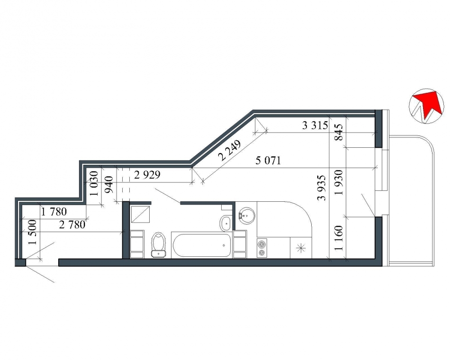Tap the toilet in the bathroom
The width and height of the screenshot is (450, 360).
[158, 244]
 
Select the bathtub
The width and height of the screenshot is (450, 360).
[202, 245]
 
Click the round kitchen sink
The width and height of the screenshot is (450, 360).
[246, 216]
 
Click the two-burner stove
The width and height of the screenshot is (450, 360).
[262, 248]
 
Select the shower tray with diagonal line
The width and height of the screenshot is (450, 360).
[140, 214]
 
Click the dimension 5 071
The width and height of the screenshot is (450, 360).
[268, 161]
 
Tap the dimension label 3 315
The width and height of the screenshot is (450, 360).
[315, 126]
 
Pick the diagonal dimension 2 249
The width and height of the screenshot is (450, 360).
[229, 150]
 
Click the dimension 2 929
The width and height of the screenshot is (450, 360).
[147, 175]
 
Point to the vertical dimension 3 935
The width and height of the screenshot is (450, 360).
[322, 188]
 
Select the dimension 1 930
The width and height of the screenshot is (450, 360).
[339, 182]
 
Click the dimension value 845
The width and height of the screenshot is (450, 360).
[339, 132]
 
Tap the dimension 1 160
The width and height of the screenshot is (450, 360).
[339, 238]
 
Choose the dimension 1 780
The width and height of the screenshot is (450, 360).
[54, 212]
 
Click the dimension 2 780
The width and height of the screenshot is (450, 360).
[72, 225]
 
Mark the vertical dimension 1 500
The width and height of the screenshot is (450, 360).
[33, 232]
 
